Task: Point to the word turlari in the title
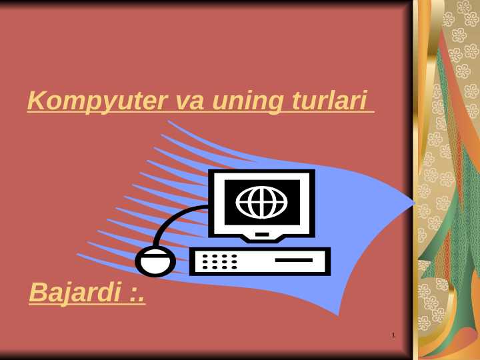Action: pyautogui.click(x=329, y=101)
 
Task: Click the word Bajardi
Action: pyautogui.click(x=75, y=293)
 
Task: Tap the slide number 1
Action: pyautogui.click(x=394, y=335)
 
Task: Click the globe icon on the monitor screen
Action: pyautogui.click(x=261, y=202)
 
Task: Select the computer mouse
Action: pyautogui.click(x=155, y=261)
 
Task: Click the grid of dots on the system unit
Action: pyautogui.click(x=219, y=261)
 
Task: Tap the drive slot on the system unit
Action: pyautogui.click(x=293, y=260)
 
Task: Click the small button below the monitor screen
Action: pyautogui.click(x=262, y=234)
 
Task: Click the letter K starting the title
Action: pyautogui.click(x=35, y=101)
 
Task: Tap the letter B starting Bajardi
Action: pyautogui.click(x=37, y=293)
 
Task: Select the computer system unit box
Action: pyautogui.click(x=260, y=261)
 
